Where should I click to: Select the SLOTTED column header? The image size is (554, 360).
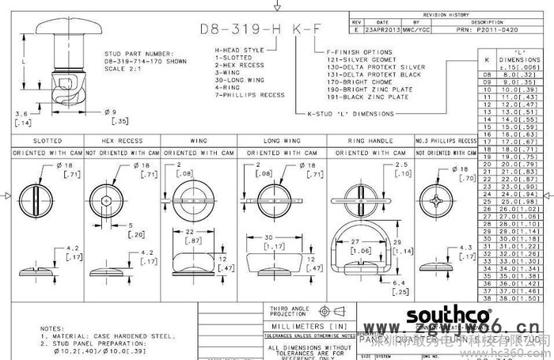click(48, 140)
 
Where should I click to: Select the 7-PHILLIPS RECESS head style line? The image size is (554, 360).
click(250, 95)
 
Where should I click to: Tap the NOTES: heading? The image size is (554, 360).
click(52, 328)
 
